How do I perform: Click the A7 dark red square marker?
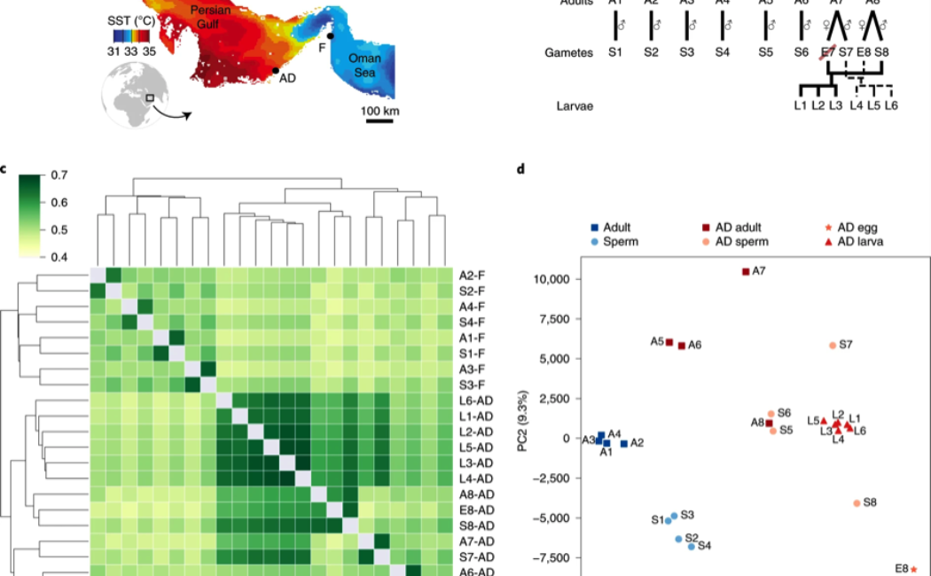coord(746,271)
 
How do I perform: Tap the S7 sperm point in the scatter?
coord(833,346)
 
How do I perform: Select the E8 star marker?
coord(913,569)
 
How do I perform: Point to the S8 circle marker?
coord(857,502)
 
